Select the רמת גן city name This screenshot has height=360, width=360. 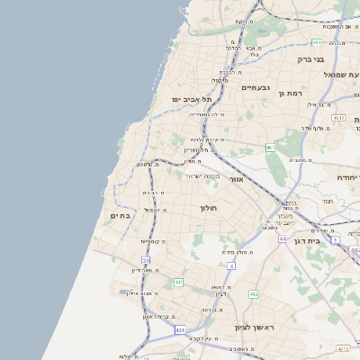(293, 93)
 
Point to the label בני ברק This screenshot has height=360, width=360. (310, 59)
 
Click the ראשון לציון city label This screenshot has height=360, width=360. (253, 328)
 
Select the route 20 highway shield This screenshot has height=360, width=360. (145, 260)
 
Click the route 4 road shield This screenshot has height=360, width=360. (230, 266)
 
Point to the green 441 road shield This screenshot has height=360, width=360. (179, 283)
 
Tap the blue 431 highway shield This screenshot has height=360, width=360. (180, 330)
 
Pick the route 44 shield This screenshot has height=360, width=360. (282, 239)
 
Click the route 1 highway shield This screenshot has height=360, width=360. (334, 240)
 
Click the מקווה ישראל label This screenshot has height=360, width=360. (202, 175)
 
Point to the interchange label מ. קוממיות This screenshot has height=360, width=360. (153, 241)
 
